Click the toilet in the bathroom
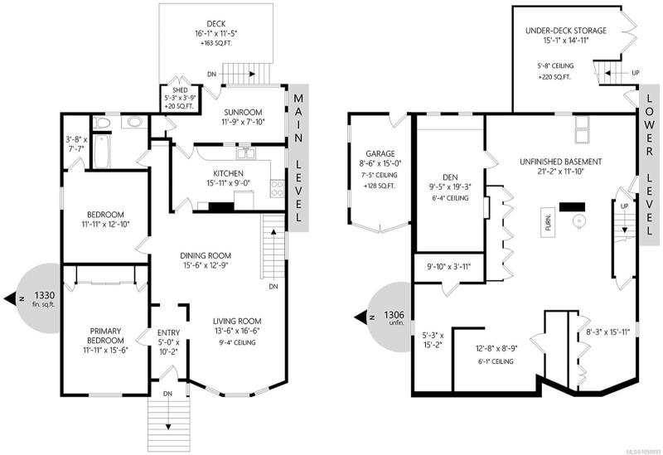coord(103,123)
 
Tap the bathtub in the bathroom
coord(102,152)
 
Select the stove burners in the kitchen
coord(278,188)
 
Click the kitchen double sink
coord(245,152)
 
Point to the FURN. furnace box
coord(548,222)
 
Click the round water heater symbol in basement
coord(578,220)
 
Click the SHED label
coord(180,90)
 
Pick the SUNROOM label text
coord(243,113)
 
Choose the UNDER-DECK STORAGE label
coord(566,31)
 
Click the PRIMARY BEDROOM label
coord(105,336)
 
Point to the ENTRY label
coord(168,333)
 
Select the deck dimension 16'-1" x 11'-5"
coord(216,33)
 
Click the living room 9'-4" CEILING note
coord(237,342)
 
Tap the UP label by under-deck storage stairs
coord(635,73)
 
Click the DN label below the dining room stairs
coord(273,287)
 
